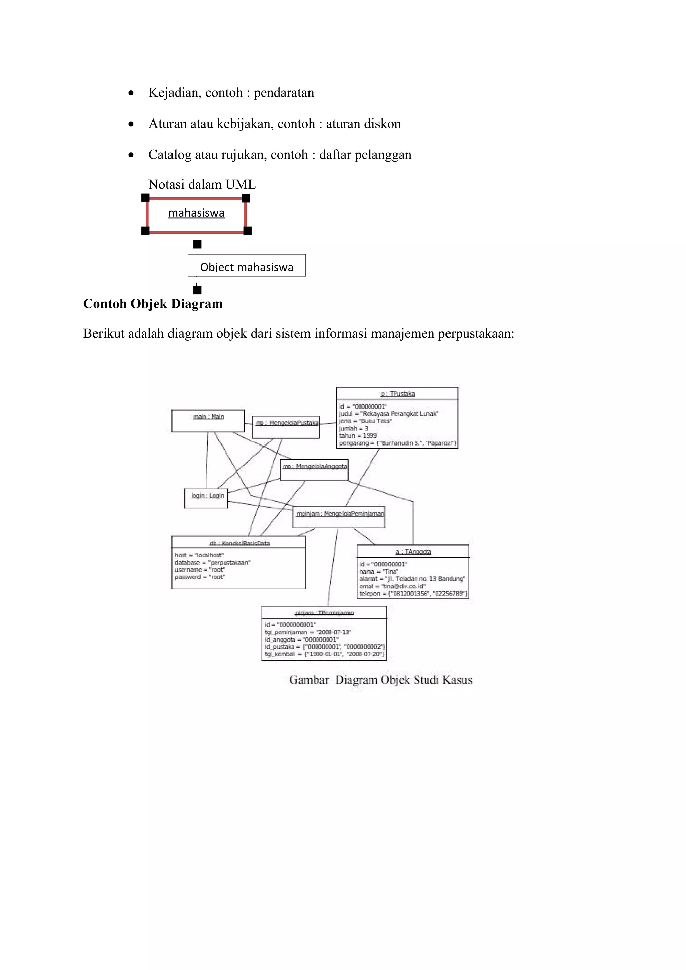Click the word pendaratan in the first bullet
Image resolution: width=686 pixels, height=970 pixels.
[284, 92]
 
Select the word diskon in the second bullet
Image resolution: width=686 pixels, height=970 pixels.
[384, 124]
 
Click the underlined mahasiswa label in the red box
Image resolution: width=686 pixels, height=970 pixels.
[196, 213]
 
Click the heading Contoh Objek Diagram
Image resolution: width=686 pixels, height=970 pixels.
[153, 303]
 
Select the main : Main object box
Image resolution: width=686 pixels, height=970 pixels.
[208, 421]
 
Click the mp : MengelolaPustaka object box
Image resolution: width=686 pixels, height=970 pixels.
[286, 427]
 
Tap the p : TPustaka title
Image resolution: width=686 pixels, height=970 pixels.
[397, 394]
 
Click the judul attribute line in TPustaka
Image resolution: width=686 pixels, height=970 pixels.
[389, 414]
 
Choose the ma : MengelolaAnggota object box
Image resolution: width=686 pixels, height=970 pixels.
[314, 470]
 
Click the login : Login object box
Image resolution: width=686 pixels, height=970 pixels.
[207, 498]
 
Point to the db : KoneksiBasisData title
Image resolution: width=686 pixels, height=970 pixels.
[239, 543]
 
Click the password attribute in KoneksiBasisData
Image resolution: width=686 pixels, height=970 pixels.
[200, 577]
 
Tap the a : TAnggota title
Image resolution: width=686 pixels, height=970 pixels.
[413, 551]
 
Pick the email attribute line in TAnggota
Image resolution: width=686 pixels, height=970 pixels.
[392, 586]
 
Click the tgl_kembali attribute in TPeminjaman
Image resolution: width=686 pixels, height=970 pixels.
[324, 654]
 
